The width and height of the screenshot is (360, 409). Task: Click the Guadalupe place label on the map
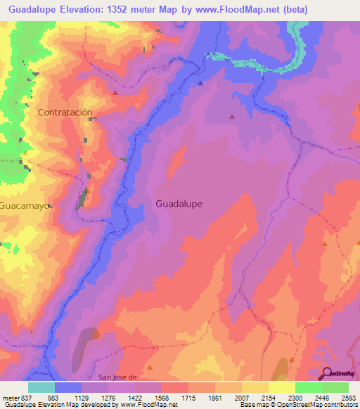point(179,204)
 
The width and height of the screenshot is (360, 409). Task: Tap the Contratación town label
point(65,112)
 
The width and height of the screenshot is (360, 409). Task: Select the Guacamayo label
point(25,207)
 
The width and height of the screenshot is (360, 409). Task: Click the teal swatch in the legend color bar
point(41,387)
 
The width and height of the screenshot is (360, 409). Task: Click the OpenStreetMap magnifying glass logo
point(328,373)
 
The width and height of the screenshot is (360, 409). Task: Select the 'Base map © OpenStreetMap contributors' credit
point(299,405)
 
